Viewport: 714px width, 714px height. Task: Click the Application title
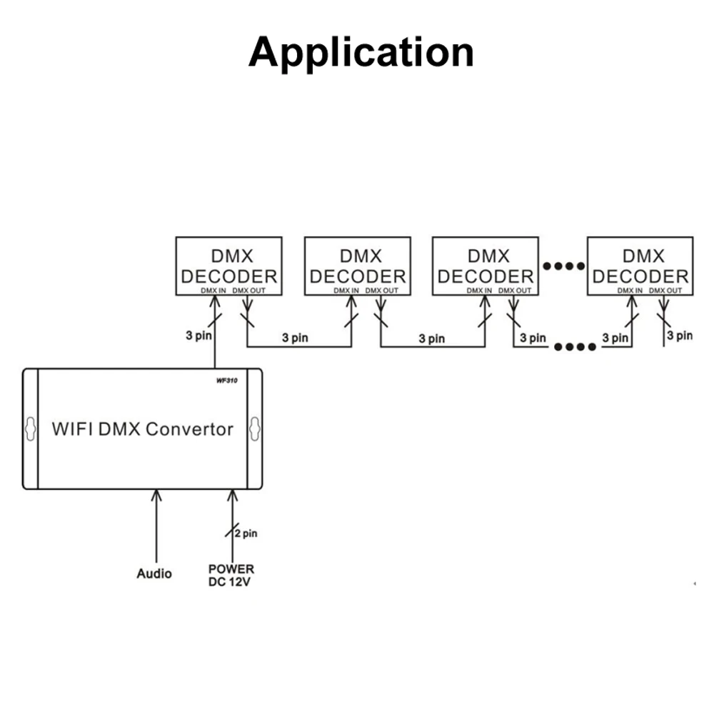pos(361,54)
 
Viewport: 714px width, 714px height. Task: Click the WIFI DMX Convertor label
pos(143,429)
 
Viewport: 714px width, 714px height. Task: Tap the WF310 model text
pos(227,381)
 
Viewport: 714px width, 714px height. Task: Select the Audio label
pos(154,573)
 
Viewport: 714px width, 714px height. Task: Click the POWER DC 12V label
pos(231,575)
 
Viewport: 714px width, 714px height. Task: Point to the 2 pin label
pos(246,533)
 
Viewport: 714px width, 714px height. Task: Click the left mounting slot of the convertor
pos(31,428)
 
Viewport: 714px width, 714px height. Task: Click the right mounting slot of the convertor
pos(255,428)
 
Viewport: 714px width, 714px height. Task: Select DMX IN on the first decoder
pos(213,291)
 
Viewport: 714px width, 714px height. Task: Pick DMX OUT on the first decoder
pos(249,291)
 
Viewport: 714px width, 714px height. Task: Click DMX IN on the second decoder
pos(346,291)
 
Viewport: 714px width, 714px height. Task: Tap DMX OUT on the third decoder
pos(515,291)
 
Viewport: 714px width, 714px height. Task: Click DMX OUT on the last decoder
pos(665,291)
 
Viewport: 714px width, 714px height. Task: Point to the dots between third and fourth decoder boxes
pos(564,266)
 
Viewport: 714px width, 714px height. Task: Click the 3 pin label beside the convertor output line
pos(199,336)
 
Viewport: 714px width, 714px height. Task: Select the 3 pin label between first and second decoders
pos(295,338)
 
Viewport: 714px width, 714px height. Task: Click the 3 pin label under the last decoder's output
pos(680,336)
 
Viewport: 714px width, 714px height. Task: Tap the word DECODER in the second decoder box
pos(358,276)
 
